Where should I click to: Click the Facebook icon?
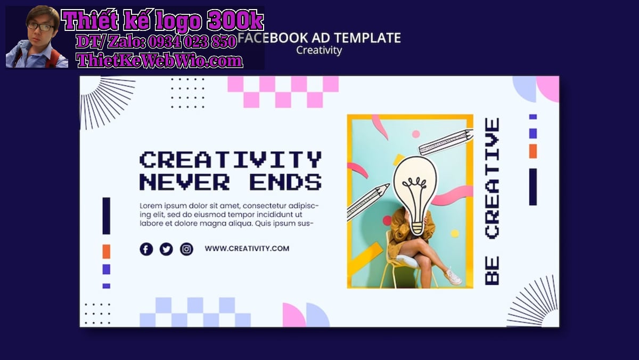tap(146, 249)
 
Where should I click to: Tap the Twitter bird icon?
tap(166, 249)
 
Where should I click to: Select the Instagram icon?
tap(186, 249)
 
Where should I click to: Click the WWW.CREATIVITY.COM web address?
tap(247, 249)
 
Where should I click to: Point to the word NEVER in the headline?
tap(185, 182)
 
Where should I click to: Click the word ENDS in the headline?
tap(286, 182)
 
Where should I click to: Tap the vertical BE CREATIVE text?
tap(492, 201)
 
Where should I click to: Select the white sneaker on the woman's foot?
tap(453, 276)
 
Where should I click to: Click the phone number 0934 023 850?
tap(192, 42)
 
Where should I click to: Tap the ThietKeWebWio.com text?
tap(160, 61)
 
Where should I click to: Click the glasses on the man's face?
tap(41, 27)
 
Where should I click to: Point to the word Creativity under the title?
tap(319, 50)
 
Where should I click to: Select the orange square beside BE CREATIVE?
tap(533, 151)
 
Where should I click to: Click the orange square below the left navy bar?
tap(106, 251)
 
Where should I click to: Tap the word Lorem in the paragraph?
tap(150, 206)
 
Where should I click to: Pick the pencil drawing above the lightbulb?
tap(446, 142)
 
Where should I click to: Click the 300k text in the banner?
tap(235, 20)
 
